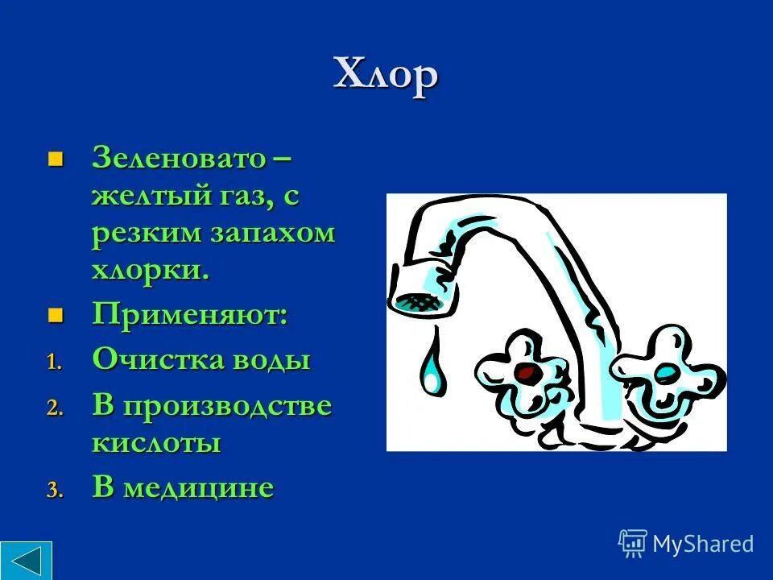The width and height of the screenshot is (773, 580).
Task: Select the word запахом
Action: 272,233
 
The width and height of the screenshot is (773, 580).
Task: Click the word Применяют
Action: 189,314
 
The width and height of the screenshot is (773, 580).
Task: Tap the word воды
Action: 271,359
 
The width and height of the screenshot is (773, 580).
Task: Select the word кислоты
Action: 156,443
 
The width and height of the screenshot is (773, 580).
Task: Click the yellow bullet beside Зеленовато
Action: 55,156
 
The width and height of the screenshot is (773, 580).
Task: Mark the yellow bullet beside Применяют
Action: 55,314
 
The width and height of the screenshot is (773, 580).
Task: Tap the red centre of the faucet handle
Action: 527,372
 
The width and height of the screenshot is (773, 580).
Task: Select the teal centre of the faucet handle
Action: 667,373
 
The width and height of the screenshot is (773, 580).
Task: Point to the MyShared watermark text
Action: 702,544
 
